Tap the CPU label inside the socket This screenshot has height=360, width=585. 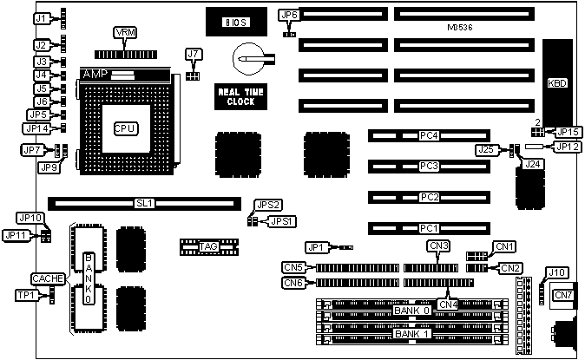pos(125,128)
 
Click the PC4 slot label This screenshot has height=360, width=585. pos(428,136)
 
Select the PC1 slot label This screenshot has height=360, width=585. pos(428,228)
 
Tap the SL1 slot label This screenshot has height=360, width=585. pos(144,204)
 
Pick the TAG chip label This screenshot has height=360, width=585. pos(208,247)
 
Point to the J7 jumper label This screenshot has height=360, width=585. pos(194,55)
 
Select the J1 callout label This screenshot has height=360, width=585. pos(41,16)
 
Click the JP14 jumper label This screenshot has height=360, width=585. pos(37,128)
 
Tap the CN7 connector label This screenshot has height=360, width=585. pos(563,296)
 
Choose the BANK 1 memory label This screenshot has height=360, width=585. pos(411,333)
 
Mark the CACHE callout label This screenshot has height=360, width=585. pos(45,278)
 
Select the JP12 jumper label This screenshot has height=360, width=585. pos(568,147)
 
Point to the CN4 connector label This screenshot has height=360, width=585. pos(448,304)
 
